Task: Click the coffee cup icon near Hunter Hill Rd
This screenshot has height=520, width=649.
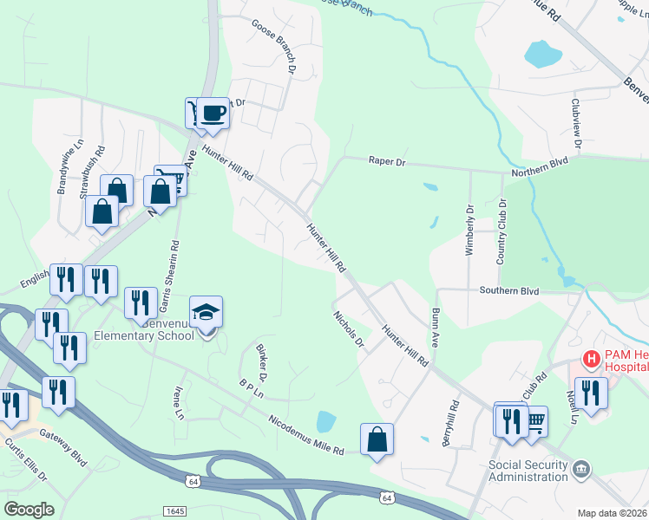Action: click(x=213, y=112)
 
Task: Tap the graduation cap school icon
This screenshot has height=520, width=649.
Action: click(x=206, y=311)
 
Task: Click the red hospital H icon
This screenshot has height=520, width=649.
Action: click(x=592, y=358)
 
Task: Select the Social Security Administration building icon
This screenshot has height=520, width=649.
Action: click(x=580, y=470)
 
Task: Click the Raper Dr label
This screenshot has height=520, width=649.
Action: click(x=387, y=161)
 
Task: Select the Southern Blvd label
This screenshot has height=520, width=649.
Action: click(x=509, y=290)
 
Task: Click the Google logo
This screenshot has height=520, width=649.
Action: click(x=28, y=510)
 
